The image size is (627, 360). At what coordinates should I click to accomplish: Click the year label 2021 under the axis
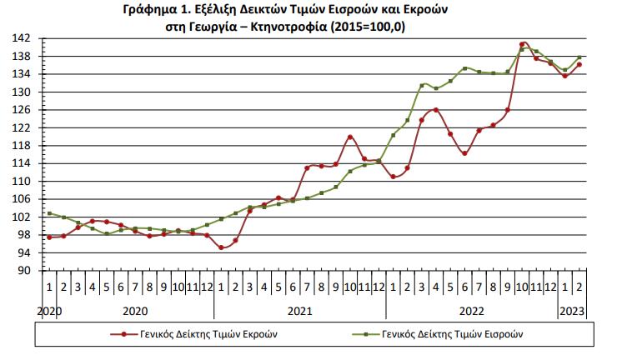click(299, 311)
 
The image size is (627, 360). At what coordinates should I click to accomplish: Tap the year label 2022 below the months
click(471, 311)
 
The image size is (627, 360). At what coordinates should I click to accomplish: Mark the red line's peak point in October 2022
click(522, 44)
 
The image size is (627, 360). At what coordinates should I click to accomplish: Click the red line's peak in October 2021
click(350, 137)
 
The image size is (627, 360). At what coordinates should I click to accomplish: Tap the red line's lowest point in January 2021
click(221, 247)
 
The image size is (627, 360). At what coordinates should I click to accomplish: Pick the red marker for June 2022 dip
click(464, 153)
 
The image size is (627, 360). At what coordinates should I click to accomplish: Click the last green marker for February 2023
click(579, 57)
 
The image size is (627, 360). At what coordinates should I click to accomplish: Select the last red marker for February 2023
click(579, 65)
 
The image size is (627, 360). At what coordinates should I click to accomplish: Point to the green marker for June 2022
click(464, 68)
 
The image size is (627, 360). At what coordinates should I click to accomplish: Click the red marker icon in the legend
click(124, 334)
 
